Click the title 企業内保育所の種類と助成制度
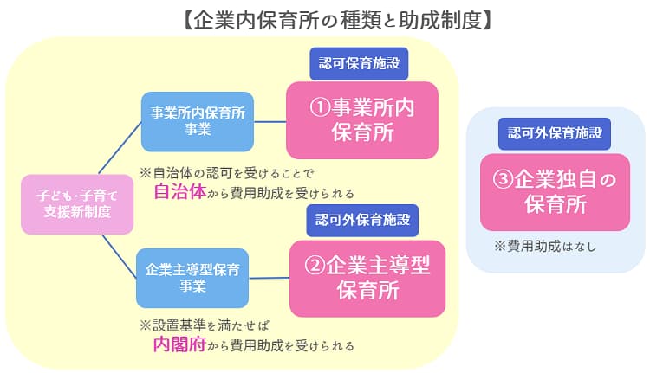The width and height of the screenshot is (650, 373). point(325,17)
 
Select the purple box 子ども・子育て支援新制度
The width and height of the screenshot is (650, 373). point(78,204)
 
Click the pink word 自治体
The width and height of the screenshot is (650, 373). point(179,192)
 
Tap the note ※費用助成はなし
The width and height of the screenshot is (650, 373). point(544,246)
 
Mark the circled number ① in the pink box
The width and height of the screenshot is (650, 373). point(322,109)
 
